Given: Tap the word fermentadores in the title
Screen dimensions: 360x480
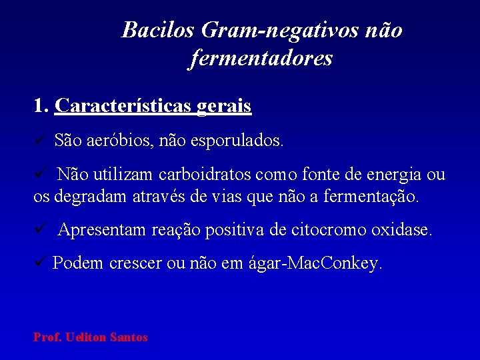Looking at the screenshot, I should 261,59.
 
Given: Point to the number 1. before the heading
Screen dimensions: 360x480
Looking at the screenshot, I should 41,106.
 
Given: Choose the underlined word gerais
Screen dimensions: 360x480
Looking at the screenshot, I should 224,106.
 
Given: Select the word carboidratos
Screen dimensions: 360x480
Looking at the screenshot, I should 204,175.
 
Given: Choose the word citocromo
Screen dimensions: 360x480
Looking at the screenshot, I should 324,231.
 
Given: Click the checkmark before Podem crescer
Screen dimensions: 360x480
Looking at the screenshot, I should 39,263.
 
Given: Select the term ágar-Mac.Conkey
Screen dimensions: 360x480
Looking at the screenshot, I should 332,264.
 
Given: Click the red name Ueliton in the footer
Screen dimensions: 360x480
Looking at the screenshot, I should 89,337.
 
